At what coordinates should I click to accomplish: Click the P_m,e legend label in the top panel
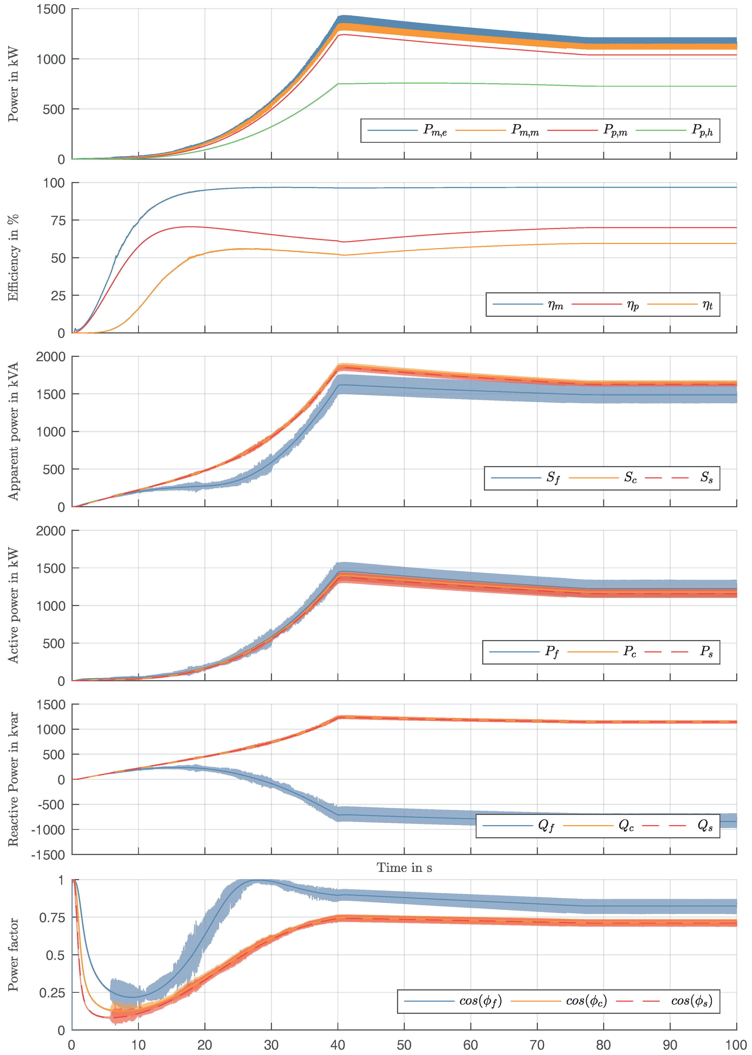(435, 130)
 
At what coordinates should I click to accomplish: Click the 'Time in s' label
(404, 868)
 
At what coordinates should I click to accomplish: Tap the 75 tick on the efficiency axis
(58, 220)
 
